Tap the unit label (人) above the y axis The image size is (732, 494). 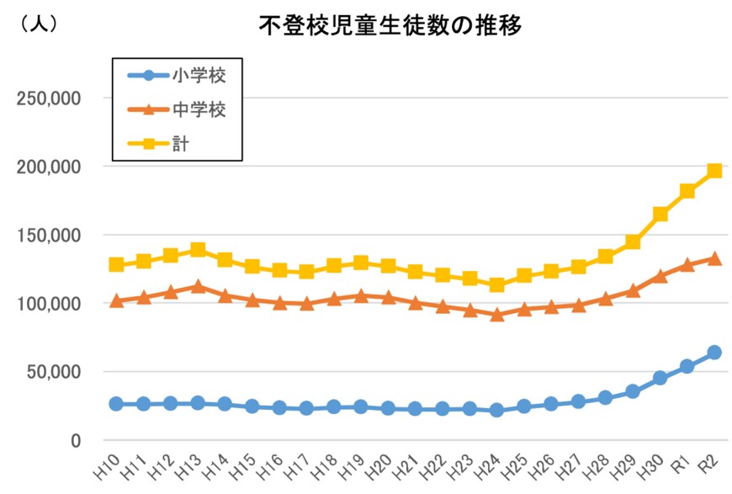(38, 24)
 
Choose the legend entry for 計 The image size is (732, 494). (180, 143)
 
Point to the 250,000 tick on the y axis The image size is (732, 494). (49, 98)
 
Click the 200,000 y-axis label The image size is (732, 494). (49, 167)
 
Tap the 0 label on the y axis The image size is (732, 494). (75, 440)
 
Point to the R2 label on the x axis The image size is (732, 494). (710, 465)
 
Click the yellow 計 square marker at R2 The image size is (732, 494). (714, 171)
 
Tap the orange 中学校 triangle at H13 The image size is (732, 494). (198, 286)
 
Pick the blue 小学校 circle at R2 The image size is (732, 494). (714, 353)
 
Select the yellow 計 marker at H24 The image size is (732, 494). (497, 285)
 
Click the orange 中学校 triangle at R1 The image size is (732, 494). (687, 264)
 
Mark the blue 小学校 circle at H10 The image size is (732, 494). (116, 404)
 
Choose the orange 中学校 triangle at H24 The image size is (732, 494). (497, 315)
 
